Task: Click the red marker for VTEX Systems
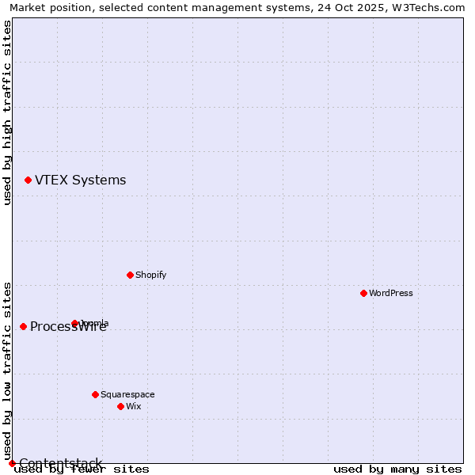[28, 180]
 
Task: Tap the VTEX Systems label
[80, 180]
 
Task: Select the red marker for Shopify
[130, 275]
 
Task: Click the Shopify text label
[150, 275]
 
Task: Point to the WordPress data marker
[363, 294]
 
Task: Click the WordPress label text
[390, 294]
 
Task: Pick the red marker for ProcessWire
[23, 327]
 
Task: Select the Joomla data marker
[75, 323]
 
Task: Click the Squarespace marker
[95, 394]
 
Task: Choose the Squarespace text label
[127, 395]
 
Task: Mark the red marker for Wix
[120, 406]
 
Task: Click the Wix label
[133, 407]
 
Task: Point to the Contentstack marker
[12, 463]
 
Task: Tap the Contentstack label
[60, 463]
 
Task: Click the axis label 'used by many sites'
[397, 469]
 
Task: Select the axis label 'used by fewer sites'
[82, 469]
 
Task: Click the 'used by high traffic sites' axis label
[8, 112]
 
